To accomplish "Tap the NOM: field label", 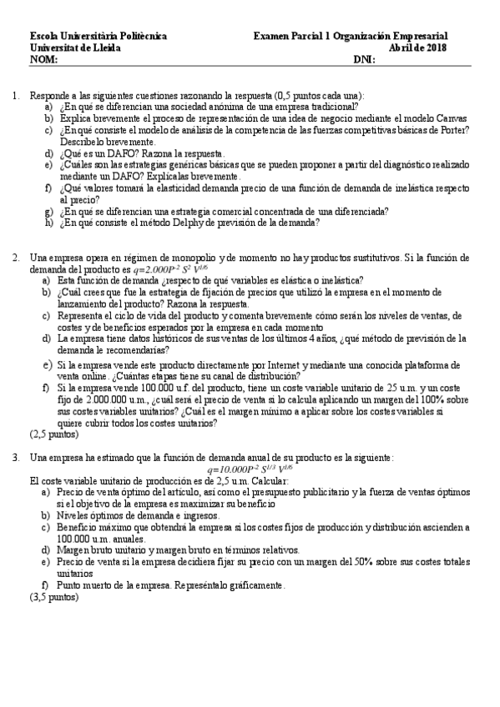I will pyautogui.click(x=43, y=60).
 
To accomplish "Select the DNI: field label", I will pyautogui.click(x=365, y=60).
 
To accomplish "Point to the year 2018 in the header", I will pyautogui.click(x=436, y=48).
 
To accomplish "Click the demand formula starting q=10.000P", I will pyautogui.click(x=250, y=469).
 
